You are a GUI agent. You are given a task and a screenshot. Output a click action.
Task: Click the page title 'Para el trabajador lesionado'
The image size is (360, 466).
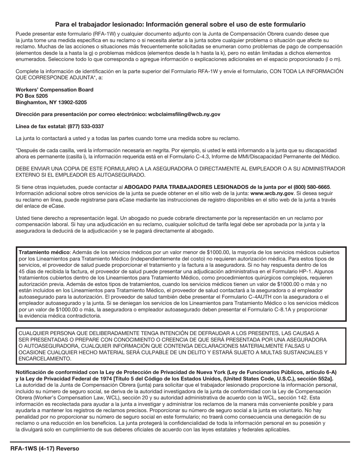(x=180, y=24)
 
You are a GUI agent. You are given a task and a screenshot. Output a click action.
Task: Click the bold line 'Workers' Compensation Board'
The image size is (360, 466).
(x=55, y=90)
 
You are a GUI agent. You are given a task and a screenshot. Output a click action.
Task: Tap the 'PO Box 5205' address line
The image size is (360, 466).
(x=32, y=96)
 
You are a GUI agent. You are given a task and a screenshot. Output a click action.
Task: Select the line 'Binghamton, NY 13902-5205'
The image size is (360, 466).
(x=51, y=102)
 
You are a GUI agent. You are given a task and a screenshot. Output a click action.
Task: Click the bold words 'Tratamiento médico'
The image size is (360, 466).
(x=44, y=252)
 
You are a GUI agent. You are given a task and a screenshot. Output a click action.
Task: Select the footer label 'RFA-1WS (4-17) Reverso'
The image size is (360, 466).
(x=45, y=449)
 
